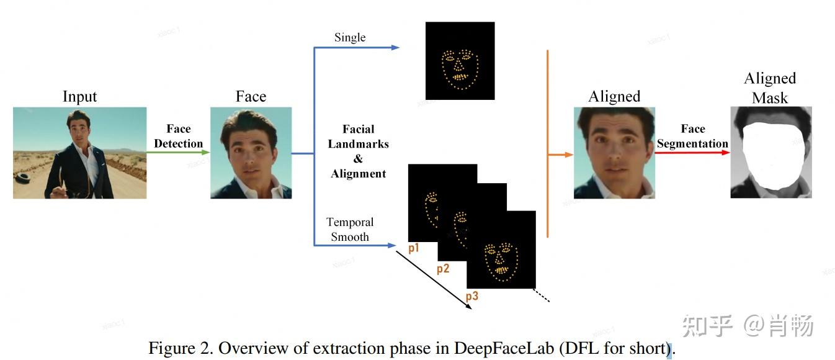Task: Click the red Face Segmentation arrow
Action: [x=692, y=152]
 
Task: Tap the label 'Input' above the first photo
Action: [x=80, y=97]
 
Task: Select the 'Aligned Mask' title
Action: [x=770, y=88]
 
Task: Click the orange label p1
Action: [x=414, y=248]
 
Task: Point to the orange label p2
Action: [x=443, y=269]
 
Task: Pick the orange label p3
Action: [x=472, y=296]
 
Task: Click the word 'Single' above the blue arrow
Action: [x=350, y=38]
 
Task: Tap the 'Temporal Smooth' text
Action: [x=350, y=229]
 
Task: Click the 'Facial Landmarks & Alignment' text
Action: [x=359, y=151]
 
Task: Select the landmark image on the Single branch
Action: [x=460, y=61]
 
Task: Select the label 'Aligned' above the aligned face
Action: [x=614, y=97]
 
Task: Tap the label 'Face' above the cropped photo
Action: [x=251, y=97]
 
